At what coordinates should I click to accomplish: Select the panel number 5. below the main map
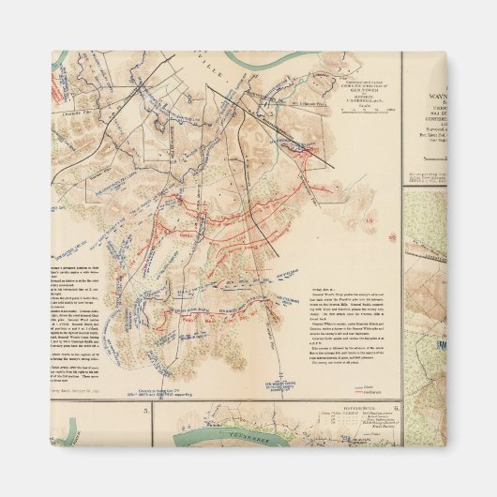click(145, 410)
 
